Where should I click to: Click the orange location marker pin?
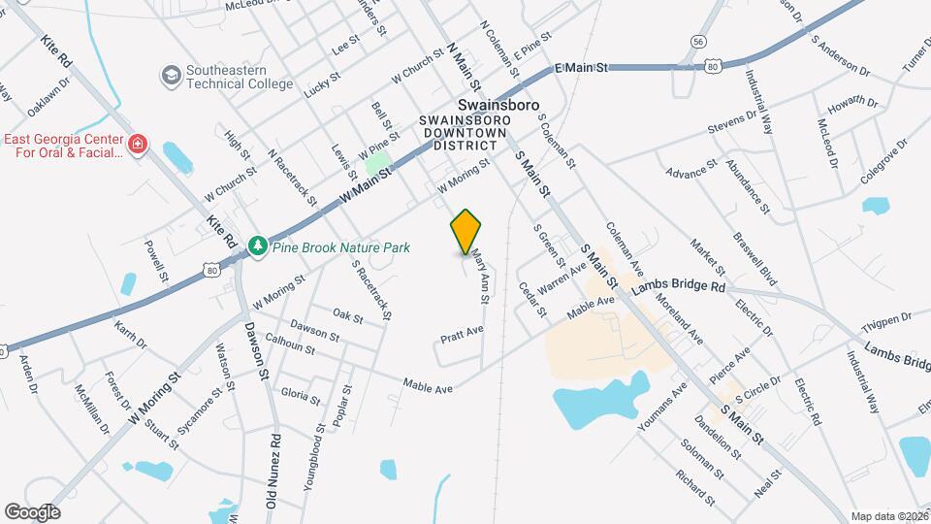(x=465, y=231)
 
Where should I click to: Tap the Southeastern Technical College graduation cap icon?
(x=171, y=76)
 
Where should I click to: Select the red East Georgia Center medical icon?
(x=138, y=146)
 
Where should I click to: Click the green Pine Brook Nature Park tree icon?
(x=258, y=247)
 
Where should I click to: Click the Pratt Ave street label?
(x=462, y=335)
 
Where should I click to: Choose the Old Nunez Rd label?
(x=274, y=473)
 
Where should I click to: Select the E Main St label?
(x=580, y=68)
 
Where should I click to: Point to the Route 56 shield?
(x=698, y=41)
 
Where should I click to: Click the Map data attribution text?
(x=888, y=516)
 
